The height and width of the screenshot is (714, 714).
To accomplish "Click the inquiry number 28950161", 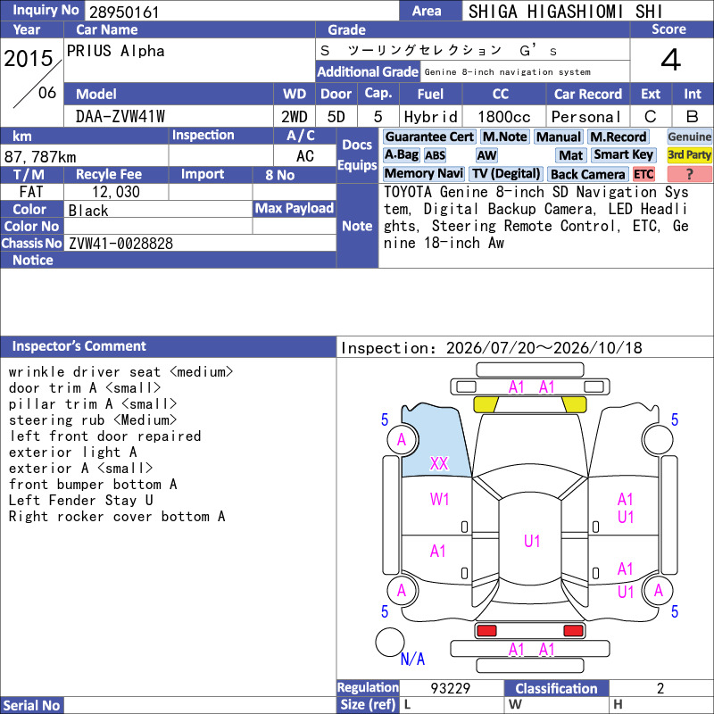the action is pos(124,12).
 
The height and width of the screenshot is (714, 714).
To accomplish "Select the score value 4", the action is pos(671,60).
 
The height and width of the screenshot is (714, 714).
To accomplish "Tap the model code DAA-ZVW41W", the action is pos(120,117).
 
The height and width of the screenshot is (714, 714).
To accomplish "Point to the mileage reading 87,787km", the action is pos(40,157).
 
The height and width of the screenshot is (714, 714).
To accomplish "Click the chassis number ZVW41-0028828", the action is pos(120,244).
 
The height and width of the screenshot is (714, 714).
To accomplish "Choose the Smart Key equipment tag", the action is pos(624,154).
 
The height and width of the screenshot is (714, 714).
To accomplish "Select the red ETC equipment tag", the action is pos(643,174).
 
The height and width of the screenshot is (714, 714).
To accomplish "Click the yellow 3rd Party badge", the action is pos(689,154).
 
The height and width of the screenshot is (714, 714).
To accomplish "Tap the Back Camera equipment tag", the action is pos(588,174).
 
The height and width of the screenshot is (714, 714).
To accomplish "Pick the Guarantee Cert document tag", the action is pos(429,137).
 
